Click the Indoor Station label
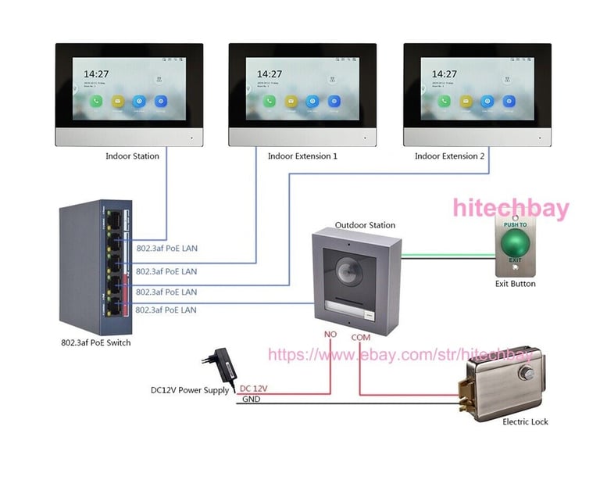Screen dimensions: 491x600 (x=132, y=156)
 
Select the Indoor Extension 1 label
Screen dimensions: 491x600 (x=302, y=156)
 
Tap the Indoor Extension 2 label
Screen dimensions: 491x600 (x=449, y=156)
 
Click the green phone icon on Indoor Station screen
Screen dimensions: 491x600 (x=96, y=101)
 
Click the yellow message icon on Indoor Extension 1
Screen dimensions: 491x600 (x=291, y=101)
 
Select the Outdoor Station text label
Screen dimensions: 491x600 (x=365, y=225)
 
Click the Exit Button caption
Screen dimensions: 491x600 (x=516, y=284)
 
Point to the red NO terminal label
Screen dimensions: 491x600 (x=330, y=334)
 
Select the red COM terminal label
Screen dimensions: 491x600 (x=361, y=337)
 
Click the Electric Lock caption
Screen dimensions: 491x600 (x=525, y=421)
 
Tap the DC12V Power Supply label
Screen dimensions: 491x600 (x=191, y=389)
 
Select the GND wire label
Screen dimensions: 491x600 (x=251, y=399)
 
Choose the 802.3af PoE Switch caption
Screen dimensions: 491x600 (x=96, y=342)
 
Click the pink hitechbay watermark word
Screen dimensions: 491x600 (x=512, y=208)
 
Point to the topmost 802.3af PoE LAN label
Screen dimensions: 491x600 (x=166, y=249)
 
